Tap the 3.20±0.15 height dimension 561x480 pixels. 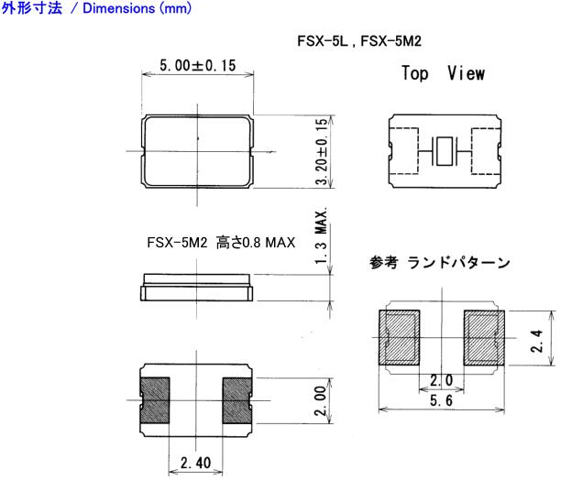(x=320, y=151)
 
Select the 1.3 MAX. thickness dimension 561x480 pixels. (x=320, y=237)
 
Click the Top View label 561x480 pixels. (x=443, y=73)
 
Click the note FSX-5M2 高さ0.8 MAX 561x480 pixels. (x=220, y=243)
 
